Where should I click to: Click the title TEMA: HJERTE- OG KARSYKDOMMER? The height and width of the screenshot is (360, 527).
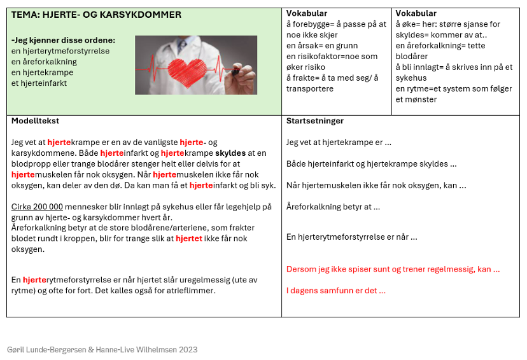pos(96,15)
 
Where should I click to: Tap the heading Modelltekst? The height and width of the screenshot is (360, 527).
pos(36,121)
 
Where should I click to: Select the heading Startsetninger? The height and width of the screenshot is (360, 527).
pos(315,121)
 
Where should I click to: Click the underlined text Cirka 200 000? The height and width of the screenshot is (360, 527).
pos(38,207)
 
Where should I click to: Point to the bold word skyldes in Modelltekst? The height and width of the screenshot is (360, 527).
pos(232,153)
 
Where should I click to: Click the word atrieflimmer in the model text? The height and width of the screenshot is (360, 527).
pos(190,291)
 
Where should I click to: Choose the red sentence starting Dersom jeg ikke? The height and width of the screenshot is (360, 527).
pos(393,269)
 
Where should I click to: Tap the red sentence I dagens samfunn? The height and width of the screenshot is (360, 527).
pos(336,291)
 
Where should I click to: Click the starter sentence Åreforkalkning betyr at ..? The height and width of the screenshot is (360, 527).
pos(333,207)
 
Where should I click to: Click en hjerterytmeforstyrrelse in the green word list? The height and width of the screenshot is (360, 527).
pos(60,51)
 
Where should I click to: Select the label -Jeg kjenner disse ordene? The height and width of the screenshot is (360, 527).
pos(63,39)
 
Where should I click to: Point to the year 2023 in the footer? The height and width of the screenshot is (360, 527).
pos(187,349)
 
